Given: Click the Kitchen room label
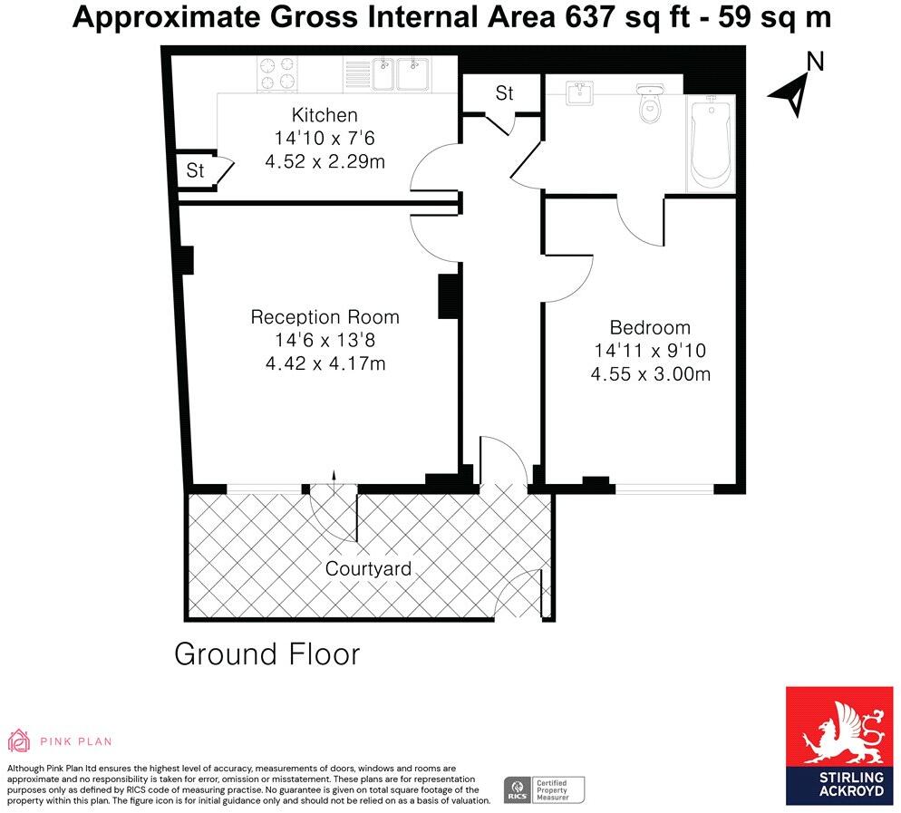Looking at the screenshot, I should click(324, 115).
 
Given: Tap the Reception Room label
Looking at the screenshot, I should click(325, 317).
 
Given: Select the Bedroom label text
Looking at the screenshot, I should click(650, 327).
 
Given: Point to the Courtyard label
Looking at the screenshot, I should click(368, 569).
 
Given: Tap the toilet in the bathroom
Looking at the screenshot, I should click(650, 103).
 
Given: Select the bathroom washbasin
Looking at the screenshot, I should click(578, 93).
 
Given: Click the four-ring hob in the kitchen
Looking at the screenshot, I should click(279, 73).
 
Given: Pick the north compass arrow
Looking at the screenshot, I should click(789, 94).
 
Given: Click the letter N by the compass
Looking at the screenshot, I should click(815, 62).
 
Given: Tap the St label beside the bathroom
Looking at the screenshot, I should click(504, 92).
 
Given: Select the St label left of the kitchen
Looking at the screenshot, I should click(195, 169).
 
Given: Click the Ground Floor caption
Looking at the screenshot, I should click(266, 653).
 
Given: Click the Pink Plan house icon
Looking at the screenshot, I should click(19, 740).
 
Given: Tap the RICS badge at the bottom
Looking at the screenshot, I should click(518, 789).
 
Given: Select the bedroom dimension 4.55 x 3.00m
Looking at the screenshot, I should click(650, 373).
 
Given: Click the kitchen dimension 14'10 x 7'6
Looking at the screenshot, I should click(325, 139).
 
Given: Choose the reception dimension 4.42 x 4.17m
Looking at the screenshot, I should click(325, 364).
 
